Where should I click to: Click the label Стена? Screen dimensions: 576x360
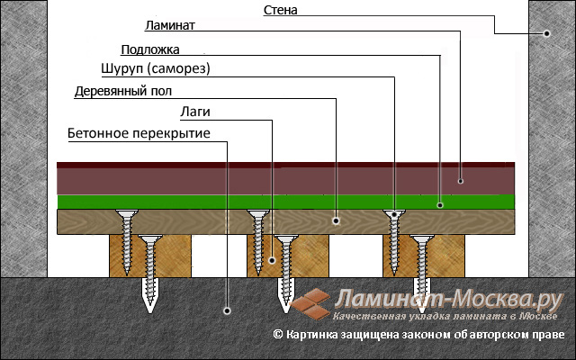tap(280, 10)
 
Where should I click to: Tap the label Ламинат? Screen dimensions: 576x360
tap(170, 25)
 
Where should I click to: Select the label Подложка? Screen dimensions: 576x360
tap(150, 49)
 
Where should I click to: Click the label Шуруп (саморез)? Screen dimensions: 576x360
tap(156, 68)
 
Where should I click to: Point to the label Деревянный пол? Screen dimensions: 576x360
tap(123, 91)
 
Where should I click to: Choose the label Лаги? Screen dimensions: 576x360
tap(195, 112)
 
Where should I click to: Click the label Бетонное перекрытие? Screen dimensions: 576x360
tap(139, 133)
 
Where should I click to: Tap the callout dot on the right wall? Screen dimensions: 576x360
tap(546, 33)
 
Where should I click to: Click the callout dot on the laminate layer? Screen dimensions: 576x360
tap(461, 181)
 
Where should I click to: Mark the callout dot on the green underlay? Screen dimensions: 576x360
tap(440, 205)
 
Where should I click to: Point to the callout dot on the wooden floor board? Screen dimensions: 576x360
tap(336, 220)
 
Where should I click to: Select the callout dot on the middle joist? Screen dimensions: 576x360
tap(272, 260)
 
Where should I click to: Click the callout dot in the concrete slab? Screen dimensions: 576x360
tap(227, 310)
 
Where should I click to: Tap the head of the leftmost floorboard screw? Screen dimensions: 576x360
tap(127, 212)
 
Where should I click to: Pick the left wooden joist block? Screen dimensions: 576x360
tap(150, 256)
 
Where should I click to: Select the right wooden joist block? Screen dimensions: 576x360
tap(424, 256)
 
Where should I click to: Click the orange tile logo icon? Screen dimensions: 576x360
tap(310, 304)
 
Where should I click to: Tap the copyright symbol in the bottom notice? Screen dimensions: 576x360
tap(278, 334)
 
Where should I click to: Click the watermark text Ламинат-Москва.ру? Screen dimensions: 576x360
tap(449, 299)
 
